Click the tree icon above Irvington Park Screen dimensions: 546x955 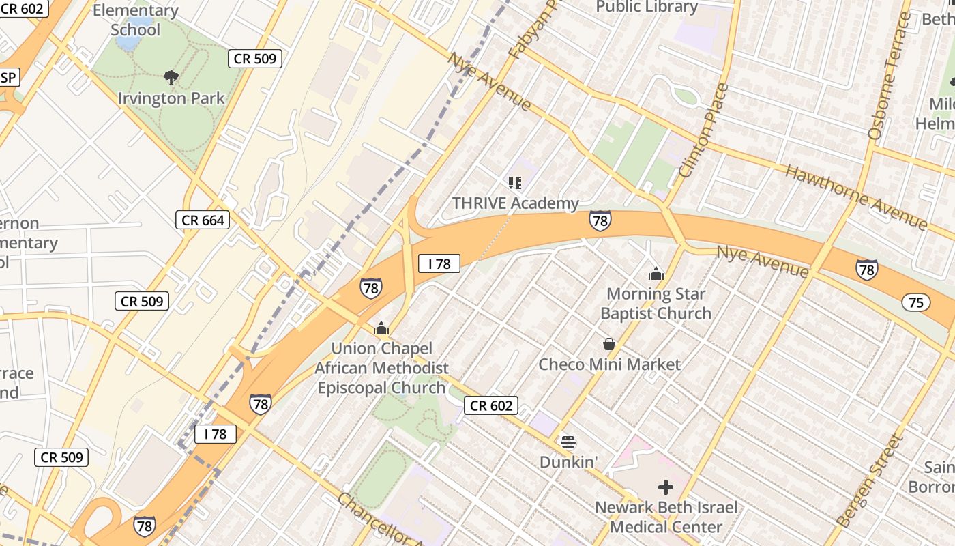click(171, 78)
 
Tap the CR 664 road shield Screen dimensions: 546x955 click(203, 220)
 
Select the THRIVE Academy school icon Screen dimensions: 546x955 click(514, 182)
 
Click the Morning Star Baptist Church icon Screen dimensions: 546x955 click(656, 274)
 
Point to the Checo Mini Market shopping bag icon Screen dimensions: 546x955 click(609, 344)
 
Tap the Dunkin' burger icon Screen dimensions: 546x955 click(568, 442)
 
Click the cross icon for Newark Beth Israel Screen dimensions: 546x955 click(665, 487)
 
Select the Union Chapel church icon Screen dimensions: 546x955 click(381, 329)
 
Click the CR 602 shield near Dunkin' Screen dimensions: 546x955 click(491, 405)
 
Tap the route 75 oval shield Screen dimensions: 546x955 click(915, 302)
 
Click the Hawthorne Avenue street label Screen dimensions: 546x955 click(856, 196)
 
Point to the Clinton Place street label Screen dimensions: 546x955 click(705, 130)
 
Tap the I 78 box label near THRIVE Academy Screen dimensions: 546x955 click(439, 263)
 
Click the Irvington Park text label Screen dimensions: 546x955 click(171, 98)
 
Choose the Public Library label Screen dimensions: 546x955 click(647, 7)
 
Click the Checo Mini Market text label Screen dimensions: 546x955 click(609, 364)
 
